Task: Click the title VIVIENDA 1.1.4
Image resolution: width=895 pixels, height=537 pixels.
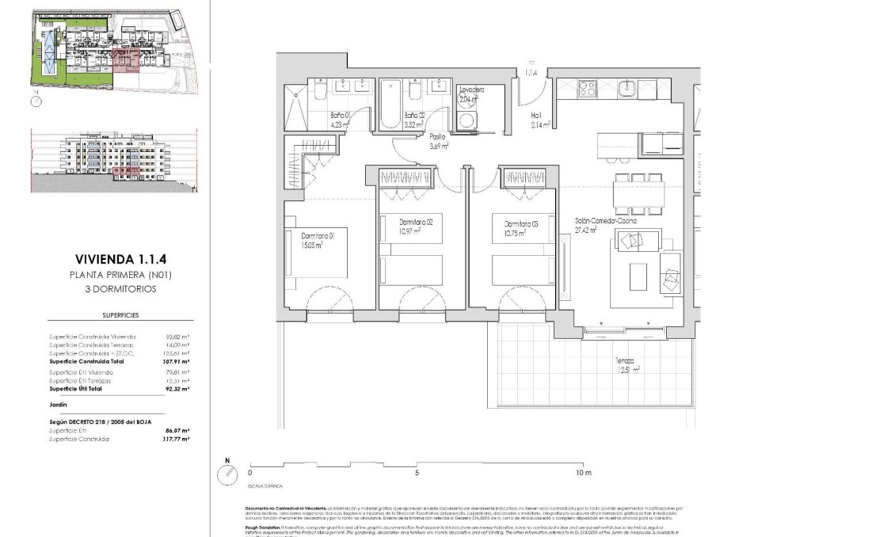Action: (x=122, y=259)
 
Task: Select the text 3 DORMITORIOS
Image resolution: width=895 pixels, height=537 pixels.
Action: (x=122, y=289)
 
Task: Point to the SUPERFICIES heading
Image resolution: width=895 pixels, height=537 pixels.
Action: (x=122, y=315)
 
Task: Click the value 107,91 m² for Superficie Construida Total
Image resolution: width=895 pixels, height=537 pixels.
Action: (x=178, y=360)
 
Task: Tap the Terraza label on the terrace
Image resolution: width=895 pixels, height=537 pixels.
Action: (x=628, y=364)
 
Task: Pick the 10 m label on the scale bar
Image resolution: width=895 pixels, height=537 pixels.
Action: (x=583, y=473)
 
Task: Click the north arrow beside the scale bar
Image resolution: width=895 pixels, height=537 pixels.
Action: (x=228, y=470)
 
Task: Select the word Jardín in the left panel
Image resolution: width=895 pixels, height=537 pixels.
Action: (x=58, y=403)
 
